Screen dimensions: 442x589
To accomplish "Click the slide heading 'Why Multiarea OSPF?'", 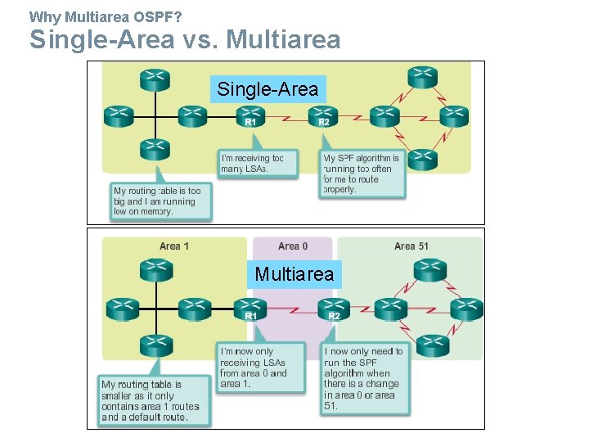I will tap(106, 16).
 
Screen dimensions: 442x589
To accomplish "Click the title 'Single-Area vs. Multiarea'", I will tap(185, 39).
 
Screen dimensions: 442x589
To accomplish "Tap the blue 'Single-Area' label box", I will tap(268, 89).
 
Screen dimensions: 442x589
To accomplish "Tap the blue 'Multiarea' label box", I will tap(294, 274).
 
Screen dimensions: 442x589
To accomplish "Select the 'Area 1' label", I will tap(175, 246).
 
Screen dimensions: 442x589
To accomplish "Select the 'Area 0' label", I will tap(293, 246).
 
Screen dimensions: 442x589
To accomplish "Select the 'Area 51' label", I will tap(411, 246).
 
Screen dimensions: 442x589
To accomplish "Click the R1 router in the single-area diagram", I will tap(252, 116).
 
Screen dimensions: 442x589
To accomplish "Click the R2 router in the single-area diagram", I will tap(324, 116).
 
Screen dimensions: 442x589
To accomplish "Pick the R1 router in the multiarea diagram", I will tap(252, 309).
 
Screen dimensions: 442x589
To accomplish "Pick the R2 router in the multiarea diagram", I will tap(334, 309).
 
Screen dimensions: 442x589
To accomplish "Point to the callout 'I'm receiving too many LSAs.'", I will tap(253, 164).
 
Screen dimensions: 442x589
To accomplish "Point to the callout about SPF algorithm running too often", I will tap(362, 174).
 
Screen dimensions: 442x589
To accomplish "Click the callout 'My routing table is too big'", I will tap(160, 201).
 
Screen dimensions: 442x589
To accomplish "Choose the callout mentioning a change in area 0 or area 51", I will tap(364, 378).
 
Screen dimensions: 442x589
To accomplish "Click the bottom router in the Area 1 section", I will tap(155, 347).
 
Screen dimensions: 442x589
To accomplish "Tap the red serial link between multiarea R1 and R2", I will tap(293, 310).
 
